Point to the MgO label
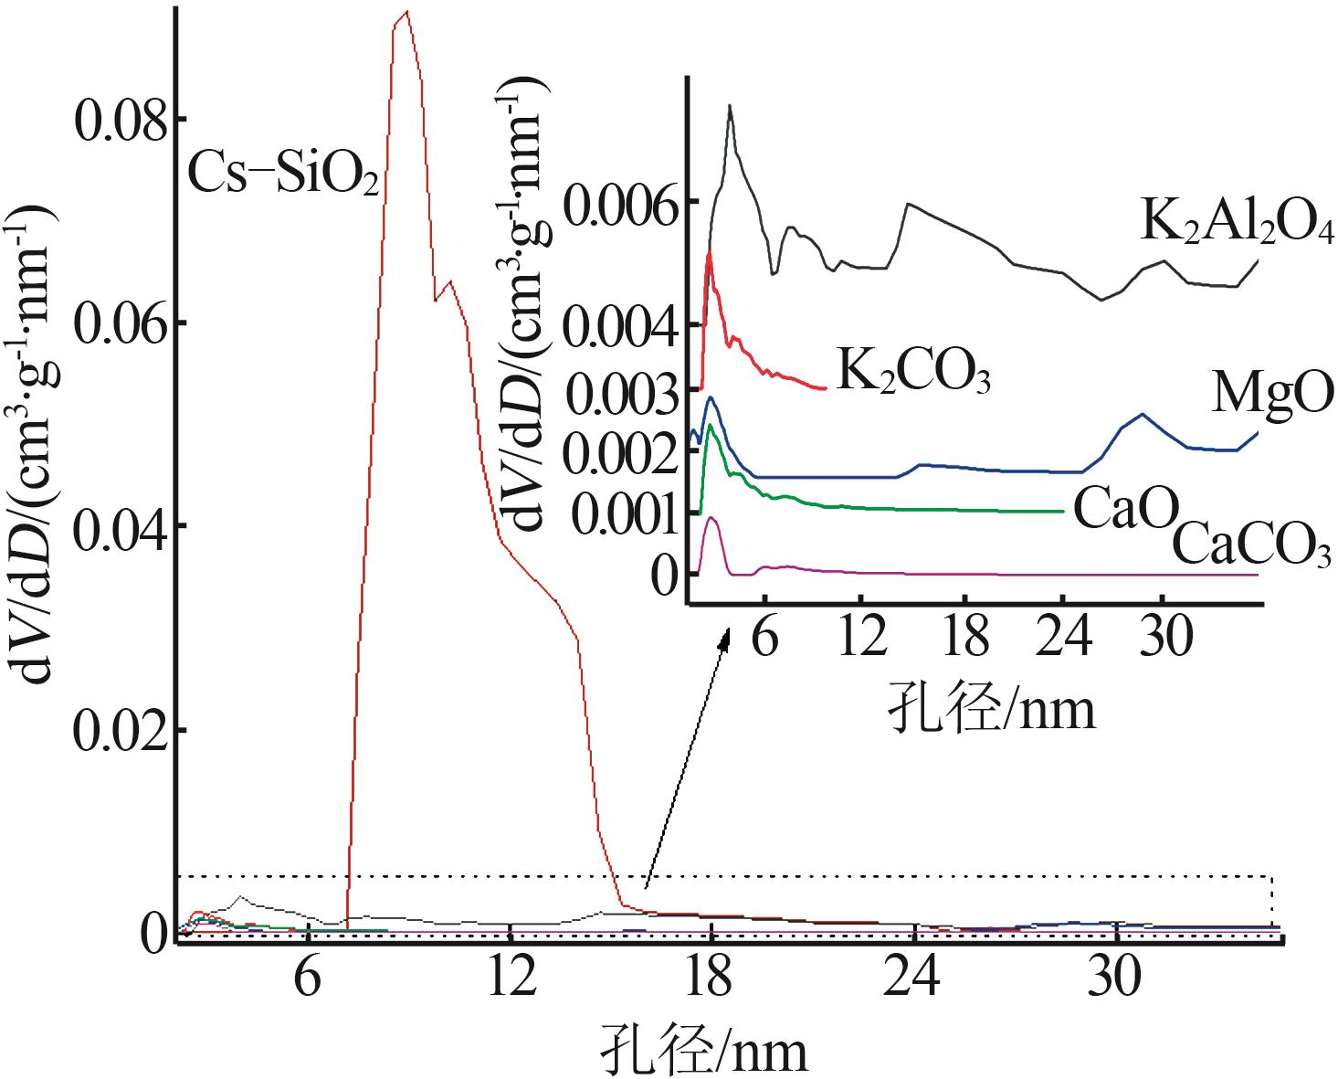point(1272,394)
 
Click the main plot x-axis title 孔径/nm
point(704,1050)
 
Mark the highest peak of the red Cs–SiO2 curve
point(406,12)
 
